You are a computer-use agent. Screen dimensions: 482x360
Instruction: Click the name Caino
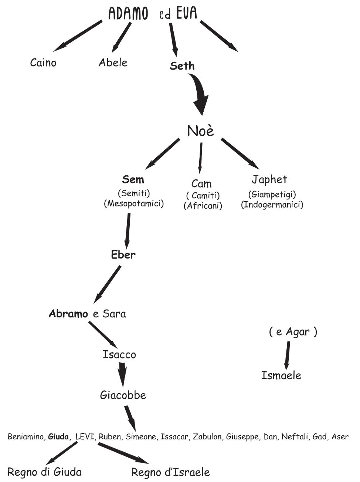43,63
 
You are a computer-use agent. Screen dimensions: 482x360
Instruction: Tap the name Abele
113,63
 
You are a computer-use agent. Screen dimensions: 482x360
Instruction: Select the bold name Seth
182,66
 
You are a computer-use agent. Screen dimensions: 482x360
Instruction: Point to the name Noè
200,131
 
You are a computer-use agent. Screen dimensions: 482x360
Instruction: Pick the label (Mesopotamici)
134,203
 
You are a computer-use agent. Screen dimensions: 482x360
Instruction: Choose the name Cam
201,183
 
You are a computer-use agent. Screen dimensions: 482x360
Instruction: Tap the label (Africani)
203,206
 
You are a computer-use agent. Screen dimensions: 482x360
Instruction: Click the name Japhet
269,179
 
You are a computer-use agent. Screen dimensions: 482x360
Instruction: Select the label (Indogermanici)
272,205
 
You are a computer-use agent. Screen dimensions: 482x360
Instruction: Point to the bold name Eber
123,255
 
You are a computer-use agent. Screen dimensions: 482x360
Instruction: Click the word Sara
114,314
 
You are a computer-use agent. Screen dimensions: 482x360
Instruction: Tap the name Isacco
119,354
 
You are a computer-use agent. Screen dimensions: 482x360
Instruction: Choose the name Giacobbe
123,395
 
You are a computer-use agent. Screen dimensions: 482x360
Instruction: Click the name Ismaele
281,375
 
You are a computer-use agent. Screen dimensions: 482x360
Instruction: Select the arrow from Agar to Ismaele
287,354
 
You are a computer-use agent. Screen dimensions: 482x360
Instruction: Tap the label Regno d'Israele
171,472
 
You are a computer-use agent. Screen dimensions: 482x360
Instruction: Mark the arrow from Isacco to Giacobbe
122,374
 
